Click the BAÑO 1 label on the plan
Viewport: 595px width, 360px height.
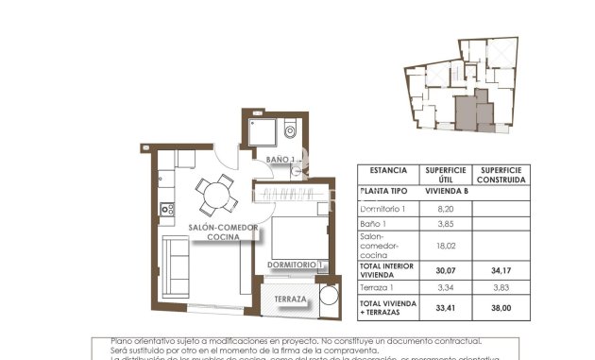pyautogui.click(x=280, y=159)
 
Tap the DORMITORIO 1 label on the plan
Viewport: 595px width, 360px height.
pyautogui.click(x=296, y=265)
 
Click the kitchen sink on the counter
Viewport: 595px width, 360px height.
pyautogui.click(x=165, y=209)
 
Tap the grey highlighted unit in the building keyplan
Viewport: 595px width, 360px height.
pyautogui.click(x=467, y=112)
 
